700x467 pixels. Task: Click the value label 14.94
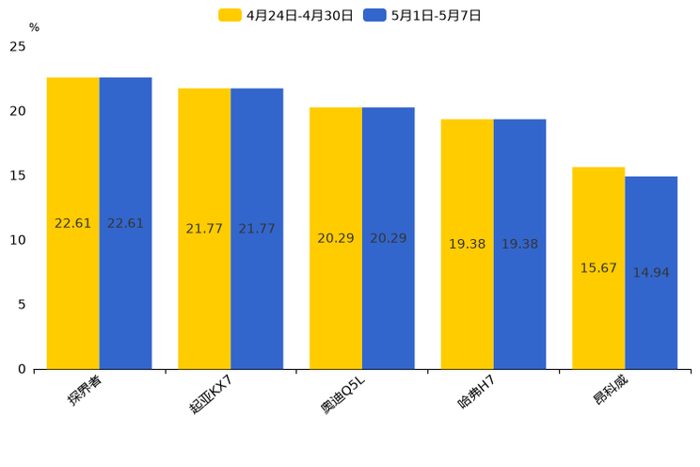click(651, 273)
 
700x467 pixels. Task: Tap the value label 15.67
click(598, 268)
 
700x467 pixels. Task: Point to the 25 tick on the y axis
click(18, 46)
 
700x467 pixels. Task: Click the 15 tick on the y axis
click(18, 175)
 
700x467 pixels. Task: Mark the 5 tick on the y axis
click(22, 304)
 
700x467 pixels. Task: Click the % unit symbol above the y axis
click(34, 28)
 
